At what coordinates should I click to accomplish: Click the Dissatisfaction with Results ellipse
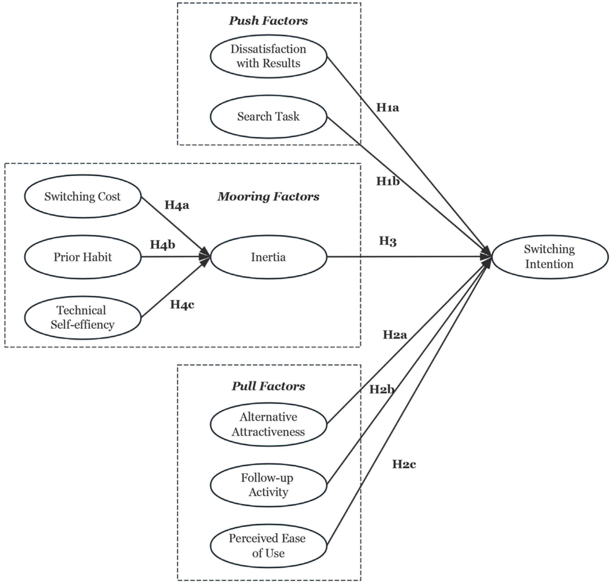click(x=268, y=56)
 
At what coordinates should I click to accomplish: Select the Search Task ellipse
click(x=268, y=117)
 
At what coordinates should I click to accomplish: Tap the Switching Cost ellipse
click(x=82, y=196)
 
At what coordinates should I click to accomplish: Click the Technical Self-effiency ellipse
click(x=82, y=318)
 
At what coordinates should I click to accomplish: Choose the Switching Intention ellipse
click(x=549, y=257)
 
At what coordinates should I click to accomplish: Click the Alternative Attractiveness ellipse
click(x=268, y=424)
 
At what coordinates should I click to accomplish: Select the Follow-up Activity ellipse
click(x=268, y=485)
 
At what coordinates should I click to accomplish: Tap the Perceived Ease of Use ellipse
click(x=268, y=546)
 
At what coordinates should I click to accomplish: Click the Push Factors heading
click(x=268, y=21)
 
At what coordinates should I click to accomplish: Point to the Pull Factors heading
click(x=268, y=386)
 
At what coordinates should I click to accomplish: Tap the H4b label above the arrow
click(x=162, y=245)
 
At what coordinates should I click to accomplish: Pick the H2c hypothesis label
click(x=404, y=464)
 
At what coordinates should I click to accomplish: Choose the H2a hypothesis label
click(x=395, y=335)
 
